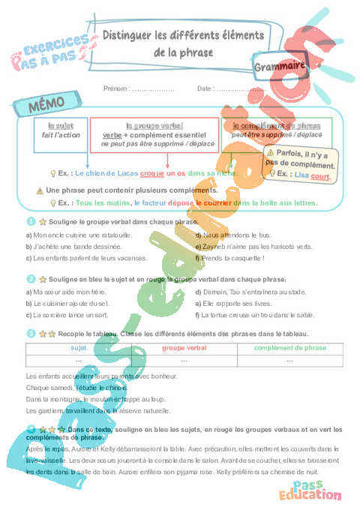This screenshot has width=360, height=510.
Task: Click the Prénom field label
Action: coord(116,88)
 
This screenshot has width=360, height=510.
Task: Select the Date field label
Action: coord(205,88)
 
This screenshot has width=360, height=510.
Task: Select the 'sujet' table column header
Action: coord(78,348)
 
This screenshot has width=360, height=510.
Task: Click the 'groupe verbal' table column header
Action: coord(184,348)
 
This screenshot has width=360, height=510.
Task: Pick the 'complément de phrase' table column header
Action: coord(289,348)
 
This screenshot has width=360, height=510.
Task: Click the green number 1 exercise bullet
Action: coord(30,222)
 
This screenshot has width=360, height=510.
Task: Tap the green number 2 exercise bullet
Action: coord(30,278)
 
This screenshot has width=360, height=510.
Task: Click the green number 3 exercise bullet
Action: coord(30,333)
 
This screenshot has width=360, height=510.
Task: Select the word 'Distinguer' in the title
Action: coord(128,34)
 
